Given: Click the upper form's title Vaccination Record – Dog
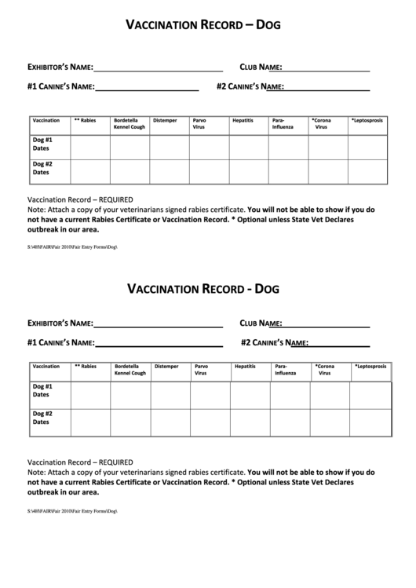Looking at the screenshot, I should point(203,25).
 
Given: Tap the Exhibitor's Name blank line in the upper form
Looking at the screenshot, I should point(159,68).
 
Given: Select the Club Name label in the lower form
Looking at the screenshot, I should point(261,323).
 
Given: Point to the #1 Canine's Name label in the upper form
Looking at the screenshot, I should point(60,86).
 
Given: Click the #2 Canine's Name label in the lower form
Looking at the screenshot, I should point(274,342).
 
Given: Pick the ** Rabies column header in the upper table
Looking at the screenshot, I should point(85,121).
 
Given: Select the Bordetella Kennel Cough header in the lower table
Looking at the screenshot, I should point(130,370).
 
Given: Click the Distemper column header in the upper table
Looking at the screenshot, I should point(165,121).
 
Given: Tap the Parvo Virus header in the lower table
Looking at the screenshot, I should point(202,370).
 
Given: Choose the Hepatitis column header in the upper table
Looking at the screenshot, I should point(243,121).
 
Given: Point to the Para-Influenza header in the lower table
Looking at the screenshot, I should point(286,370).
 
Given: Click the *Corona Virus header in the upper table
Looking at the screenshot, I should point(321,124).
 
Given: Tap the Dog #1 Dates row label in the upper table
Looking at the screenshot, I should point(42,144).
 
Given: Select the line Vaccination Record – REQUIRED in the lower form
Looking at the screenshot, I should point(80,462).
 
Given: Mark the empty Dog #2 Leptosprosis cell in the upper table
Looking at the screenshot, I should point(367,171).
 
